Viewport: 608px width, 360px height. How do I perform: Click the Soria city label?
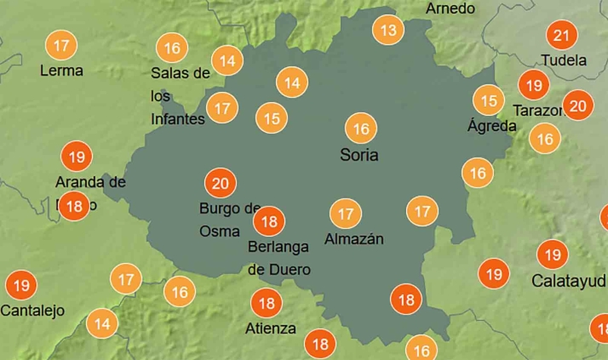[358, 156]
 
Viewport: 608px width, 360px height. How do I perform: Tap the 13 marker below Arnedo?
[388, 31]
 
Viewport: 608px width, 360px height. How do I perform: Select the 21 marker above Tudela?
[560, 36]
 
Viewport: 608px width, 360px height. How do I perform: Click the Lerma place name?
[61, 71]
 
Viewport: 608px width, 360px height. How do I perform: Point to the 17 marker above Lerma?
[60, 45]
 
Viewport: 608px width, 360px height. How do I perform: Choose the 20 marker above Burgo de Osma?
[221, 183]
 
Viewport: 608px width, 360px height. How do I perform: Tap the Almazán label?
[353, 239]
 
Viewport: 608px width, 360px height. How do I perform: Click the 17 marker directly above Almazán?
[346, 213]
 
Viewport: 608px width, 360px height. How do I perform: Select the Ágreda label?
[491, 126]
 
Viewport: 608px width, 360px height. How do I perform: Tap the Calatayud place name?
[569, 280]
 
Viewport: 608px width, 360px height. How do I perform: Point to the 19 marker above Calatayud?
[553, 254]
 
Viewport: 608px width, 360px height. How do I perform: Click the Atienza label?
[270, 329]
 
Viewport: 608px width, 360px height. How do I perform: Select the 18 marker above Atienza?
[267, 302]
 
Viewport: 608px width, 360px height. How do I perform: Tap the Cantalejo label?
[32, 311]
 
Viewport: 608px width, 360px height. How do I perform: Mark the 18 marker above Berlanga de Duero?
[269, 221]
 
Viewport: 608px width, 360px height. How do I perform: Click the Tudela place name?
[564, 60]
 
